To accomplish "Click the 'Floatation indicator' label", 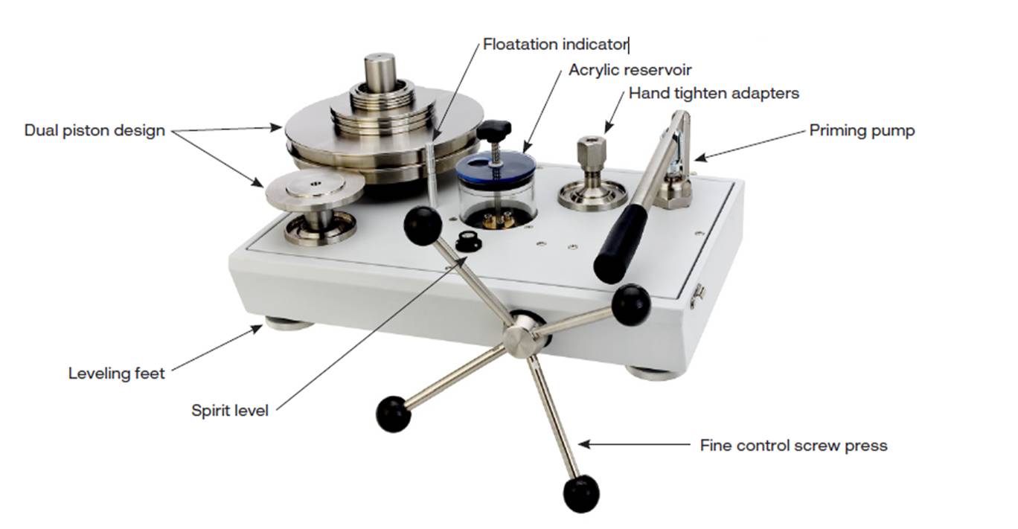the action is (555, 45).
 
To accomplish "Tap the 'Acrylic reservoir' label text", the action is (630, 70).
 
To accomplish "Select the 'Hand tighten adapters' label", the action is (714, 93).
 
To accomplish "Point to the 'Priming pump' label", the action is (862, 131).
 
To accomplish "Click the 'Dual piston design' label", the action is (95, 131).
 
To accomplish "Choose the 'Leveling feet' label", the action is (116, 373).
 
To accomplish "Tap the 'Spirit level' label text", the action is (230, 411).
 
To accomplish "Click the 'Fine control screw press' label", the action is (793, 446).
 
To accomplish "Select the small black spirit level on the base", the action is (467, 240).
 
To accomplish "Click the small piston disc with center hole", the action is (315, 190).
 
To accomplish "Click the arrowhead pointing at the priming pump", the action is (700, 157).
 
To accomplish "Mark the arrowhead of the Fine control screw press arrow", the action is (584, 444).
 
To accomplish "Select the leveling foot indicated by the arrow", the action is (288, 324).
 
